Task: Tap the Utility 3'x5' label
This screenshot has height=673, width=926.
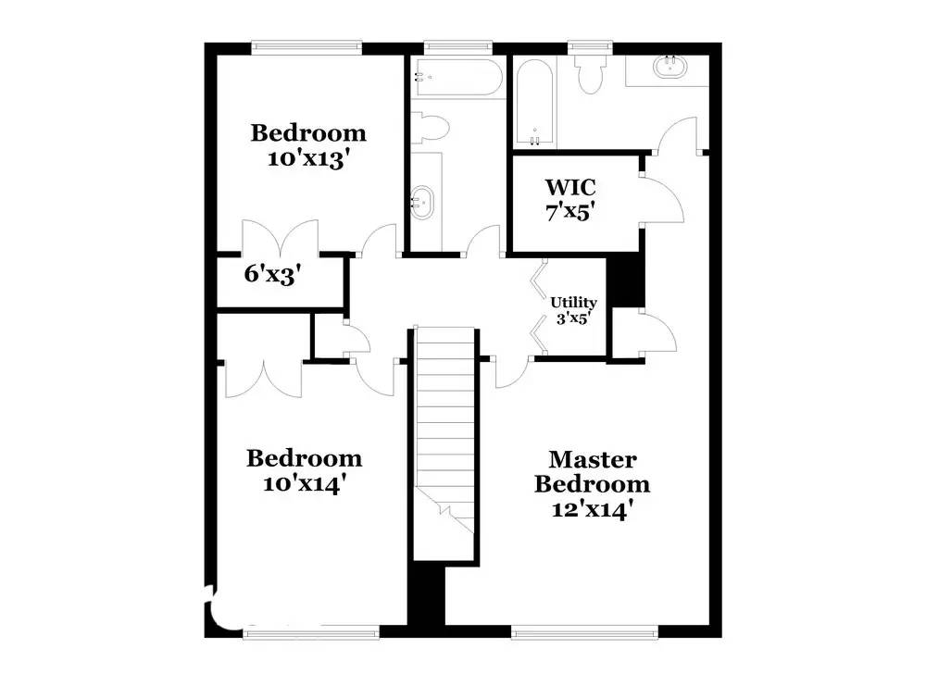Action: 573,309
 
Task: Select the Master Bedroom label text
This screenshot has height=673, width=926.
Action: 593,471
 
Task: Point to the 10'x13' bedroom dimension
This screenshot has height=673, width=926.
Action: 307,158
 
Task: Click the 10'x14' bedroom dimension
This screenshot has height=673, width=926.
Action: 304,482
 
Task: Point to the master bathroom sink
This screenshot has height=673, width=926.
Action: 667,66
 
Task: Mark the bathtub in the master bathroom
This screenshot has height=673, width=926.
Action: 534,101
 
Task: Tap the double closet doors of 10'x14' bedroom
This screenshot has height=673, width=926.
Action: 262,380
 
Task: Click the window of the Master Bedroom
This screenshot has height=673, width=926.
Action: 584,632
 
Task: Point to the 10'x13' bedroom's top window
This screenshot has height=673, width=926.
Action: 307,44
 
